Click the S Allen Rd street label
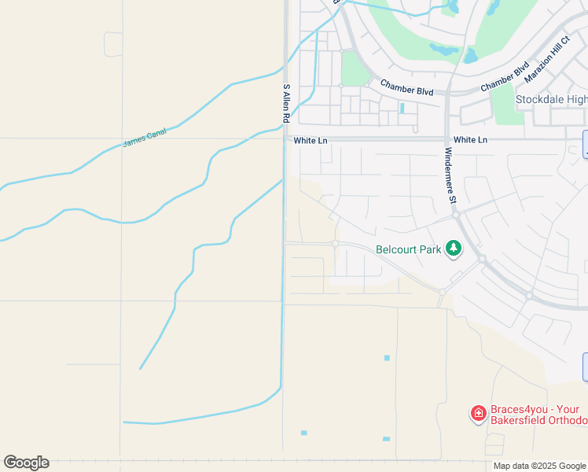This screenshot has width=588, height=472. pyautogui.click(x=286, y=102)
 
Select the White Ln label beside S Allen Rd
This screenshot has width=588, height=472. pyautogui.click(x=310, y=140)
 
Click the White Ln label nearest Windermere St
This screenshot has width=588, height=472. pyautogui.click(x=471, y=140)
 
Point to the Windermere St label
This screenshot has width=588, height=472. pyautogui.click(x=450, y=175)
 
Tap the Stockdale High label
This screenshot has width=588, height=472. pyautogui.click(x=551, y=99)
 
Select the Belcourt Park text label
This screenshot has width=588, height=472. pyautogui.click(x=408, y=249)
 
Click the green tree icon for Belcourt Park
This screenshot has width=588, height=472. pyautogui.click(x=453, y=249)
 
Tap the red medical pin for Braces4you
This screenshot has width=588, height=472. pyautogui.click(x=478, y=413)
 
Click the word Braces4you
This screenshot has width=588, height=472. pyautogui.click(x=518, y=410)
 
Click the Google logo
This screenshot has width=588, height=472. pyautogui.click(x=26, y=462)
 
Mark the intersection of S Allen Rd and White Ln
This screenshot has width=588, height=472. pyautogui.click(x=285, y=139)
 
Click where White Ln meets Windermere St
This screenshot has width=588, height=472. pyautogui.click(x=447, y=139)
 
